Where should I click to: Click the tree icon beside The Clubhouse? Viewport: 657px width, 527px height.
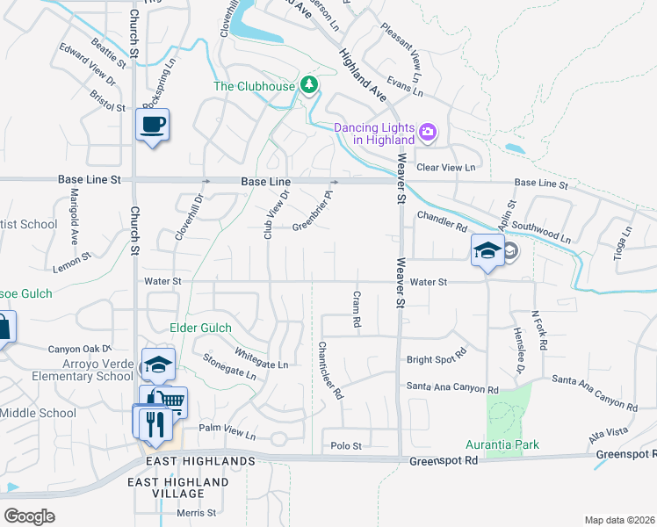(x=308, y=85)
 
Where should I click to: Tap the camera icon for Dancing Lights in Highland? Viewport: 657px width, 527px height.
(x=428, y=133)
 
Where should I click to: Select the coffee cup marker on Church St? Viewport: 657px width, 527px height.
(x=153, y=125)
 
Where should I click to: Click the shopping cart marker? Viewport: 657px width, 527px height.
(x=172, y=402)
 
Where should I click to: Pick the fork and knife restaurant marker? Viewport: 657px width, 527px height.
(x=155, y=422)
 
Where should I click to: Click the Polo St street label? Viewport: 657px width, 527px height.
(x=345, y=446)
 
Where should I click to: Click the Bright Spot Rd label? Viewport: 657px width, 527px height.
(x=435, y=360)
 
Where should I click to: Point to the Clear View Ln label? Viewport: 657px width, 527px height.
(x=445, y=167)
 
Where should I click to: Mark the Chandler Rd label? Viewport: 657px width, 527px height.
(x=442, y=220)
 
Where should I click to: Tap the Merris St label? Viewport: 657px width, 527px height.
(x=195, y=513)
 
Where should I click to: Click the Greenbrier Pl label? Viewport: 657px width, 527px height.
(x=314, y=213)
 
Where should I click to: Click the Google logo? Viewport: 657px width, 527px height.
(x=30, y=516)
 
